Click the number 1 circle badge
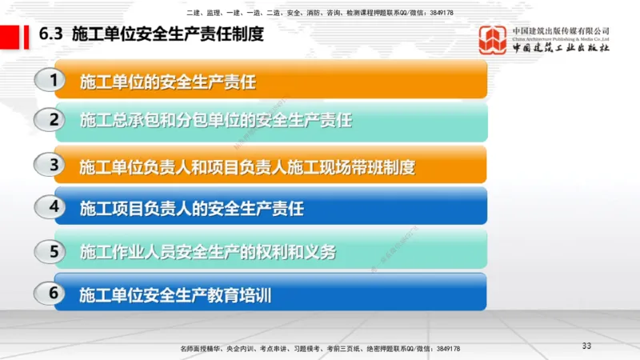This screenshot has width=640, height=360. tap(54, 80)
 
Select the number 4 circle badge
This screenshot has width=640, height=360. tap(54, 207)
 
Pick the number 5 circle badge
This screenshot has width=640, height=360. tap(54, 251)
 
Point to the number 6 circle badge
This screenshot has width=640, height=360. tap(54, 294)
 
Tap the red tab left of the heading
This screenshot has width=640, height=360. tap(11, 36)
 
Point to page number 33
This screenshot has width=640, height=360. tap(586, 346)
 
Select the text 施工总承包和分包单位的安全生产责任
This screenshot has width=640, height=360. tap(216, 121)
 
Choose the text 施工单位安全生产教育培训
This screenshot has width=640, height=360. tap(175, 295)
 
